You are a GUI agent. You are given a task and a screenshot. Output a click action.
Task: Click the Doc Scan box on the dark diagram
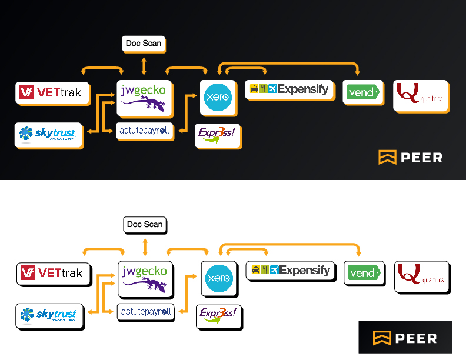point(144,44)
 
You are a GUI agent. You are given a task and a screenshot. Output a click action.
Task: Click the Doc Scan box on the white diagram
point(145,224)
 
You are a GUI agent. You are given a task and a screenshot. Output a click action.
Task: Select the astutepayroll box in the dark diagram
point(144,130)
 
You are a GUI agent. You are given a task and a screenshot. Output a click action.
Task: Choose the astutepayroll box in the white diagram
point(145,311)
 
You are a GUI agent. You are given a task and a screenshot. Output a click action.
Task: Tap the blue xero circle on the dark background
point(218,98)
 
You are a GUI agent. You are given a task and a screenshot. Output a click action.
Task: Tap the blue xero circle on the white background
point(219,279)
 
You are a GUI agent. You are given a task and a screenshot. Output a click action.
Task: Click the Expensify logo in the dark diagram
point(289,89)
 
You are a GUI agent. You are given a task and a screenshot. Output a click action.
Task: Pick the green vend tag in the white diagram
point(364,273)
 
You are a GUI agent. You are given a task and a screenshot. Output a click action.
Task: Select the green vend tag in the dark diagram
point(362,92)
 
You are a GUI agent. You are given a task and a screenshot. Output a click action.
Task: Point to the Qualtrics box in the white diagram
point(421,276)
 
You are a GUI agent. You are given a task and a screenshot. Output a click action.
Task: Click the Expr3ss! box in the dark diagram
point(217,134)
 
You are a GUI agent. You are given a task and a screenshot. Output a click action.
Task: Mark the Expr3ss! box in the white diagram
point(218,315)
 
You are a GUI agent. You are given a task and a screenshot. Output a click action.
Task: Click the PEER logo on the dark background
point(410,157)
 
